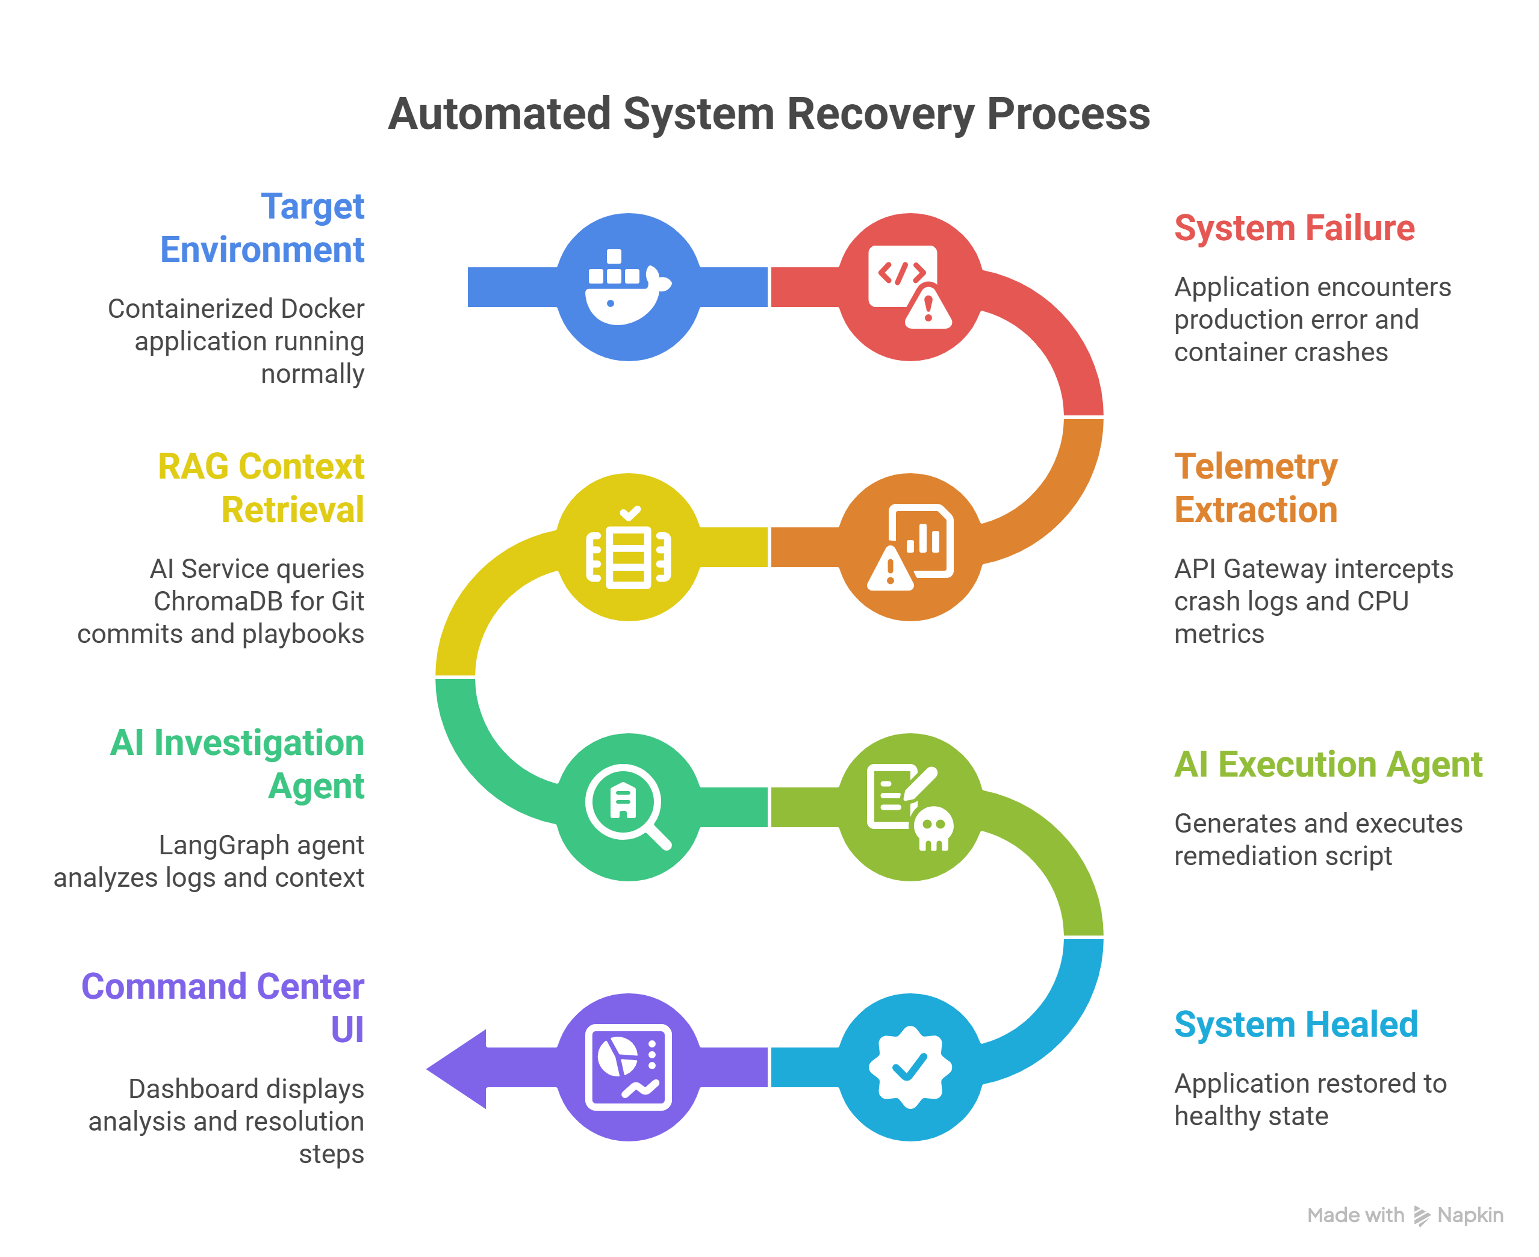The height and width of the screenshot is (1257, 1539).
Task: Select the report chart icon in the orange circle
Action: [x=910, y=547]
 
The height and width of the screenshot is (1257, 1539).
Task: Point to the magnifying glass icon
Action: [x=628, y=807]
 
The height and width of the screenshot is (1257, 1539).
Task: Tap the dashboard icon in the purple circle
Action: [x=628, y=1067]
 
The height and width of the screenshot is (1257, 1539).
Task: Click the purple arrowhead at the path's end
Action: [x=456, y=1068]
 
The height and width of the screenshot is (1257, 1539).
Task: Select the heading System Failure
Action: [x=1294, y=228]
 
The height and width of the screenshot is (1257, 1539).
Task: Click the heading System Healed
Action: [x=1296, y=1025]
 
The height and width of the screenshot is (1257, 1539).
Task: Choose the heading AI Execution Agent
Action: [x=1328, y=765]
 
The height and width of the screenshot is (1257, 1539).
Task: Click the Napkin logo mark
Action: [x=1422, y=1215]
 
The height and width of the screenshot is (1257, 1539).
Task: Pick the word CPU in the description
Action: [x=1382, y=601]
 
